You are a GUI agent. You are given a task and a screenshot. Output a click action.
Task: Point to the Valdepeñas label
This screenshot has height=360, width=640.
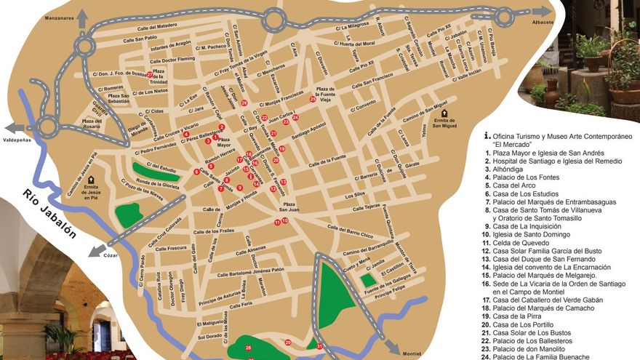(x=17, y=138)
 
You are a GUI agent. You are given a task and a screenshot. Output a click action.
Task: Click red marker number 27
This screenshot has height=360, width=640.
(x=149, y=74)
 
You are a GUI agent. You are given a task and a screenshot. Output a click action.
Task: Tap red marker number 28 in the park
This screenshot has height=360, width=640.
(x=249, y=348)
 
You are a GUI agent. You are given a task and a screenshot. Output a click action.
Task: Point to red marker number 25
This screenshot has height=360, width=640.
(x=312, y=99)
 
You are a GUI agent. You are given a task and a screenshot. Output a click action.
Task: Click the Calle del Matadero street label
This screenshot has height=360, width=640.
(x=156, y=27)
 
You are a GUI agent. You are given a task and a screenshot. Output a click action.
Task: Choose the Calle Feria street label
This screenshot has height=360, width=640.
(x=236, y=304)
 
